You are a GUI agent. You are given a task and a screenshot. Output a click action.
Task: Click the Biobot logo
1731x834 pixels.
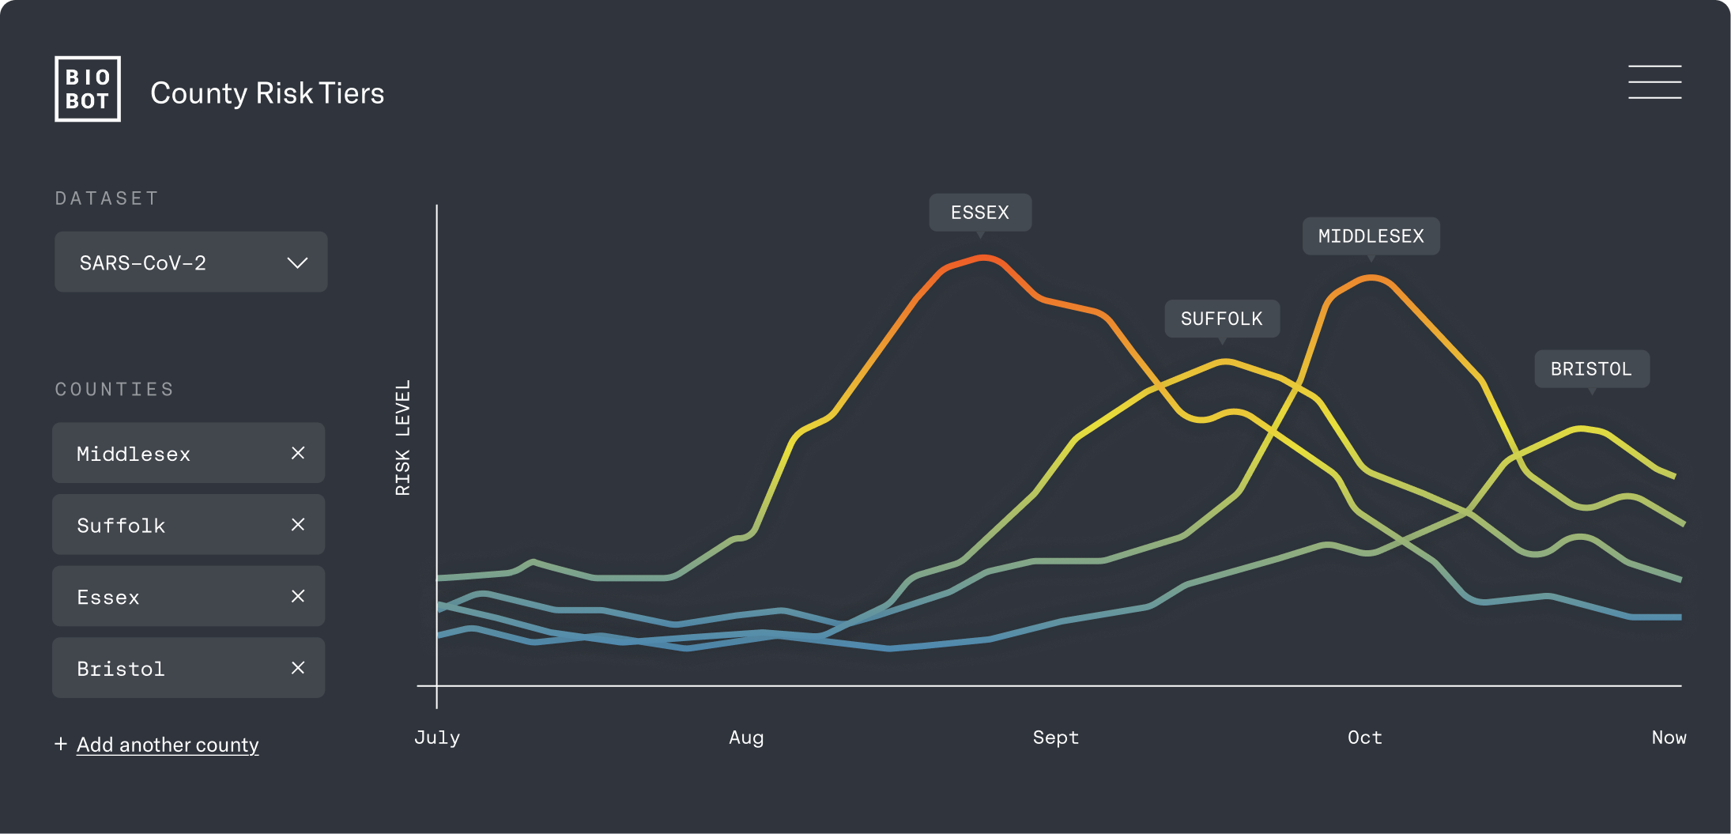(88, 89)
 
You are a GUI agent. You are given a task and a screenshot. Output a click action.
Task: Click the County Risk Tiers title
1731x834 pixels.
(267, 93)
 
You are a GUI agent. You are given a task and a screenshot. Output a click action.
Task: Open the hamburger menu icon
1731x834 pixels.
(1654, 82)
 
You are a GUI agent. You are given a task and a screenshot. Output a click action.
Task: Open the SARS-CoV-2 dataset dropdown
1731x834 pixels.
(190, 262)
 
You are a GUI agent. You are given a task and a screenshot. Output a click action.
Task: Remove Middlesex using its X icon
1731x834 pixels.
(298, 453)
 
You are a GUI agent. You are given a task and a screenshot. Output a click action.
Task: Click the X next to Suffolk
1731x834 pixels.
(298, 525)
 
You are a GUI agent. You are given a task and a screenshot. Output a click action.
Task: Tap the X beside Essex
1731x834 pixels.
(298, 596)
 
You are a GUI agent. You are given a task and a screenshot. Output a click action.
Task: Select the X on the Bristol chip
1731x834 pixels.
(298, 668)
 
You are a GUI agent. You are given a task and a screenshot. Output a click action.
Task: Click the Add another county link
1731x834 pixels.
(168, 745)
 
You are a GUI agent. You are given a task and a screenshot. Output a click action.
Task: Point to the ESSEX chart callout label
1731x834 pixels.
(980, 213)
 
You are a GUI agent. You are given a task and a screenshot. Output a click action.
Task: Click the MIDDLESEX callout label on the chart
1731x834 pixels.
(1371, 236)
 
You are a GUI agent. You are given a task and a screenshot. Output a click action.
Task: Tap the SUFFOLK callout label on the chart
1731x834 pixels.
(1222, 319)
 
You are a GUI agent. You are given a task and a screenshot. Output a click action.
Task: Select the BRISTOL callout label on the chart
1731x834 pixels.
(1591, 369)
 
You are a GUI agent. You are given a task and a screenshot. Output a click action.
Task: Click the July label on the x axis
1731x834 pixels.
(437, 738)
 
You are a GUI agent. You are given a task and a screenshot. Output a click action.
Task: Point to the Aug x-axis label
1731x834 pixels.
(746, 738)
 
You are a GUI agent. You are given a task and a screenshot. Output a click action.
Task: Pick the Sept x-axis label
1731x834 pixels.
(1055, 738)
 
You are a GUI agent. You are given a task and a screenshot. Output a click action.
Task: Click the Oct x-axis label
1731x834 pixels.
(1365, 738)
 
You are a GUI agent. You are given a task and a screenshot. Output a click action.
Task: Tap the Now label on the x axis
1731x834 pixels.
(1669, 738)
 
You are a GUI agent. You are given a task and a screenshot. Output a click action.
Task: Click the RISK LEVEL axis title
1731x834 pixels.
(403, 437)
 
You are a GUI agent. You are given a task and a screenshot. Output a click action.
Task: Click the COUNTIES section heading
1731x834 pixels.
(115, 389)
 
